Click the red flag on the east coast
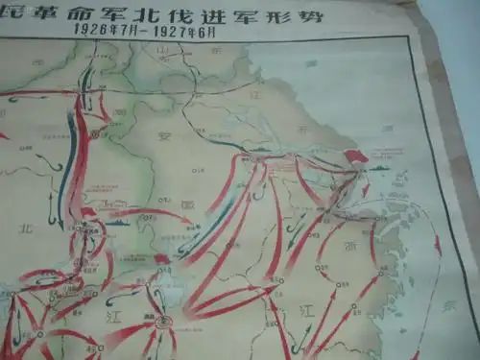pos(356,156)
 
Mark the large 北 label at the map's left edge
pos(24,228)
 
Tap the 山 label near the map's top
pos(163,48)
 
